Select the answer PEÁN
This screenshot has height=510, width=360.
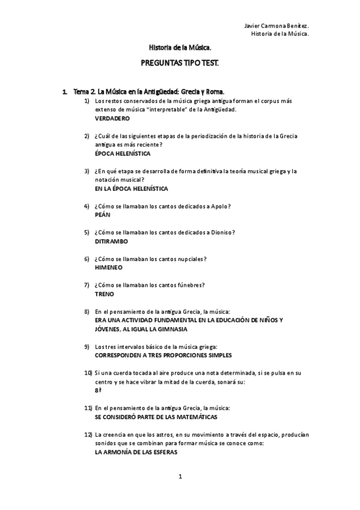[x=102, y=215]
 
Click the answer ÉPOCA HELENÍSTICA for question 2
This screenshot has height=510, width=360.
[x=123, y=153]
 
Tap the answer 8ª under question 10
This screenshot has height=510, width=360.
[x=98, y=390]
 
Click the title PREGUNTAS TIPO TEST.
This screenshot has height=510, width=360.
[x=180, y=62]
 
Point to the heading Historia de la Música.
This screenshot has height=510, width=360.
[x=180, y=46]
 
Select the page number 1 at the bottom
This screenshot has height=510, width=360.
[x=180, y=477]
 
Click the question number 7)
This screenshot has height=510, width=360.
[x=87, y=285]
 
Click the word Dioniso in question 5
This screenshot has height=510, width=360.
[x=221, y=232]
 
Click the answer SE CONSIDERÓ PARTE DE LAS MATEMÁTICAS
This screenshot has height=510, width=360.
[x=156, y=417]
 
